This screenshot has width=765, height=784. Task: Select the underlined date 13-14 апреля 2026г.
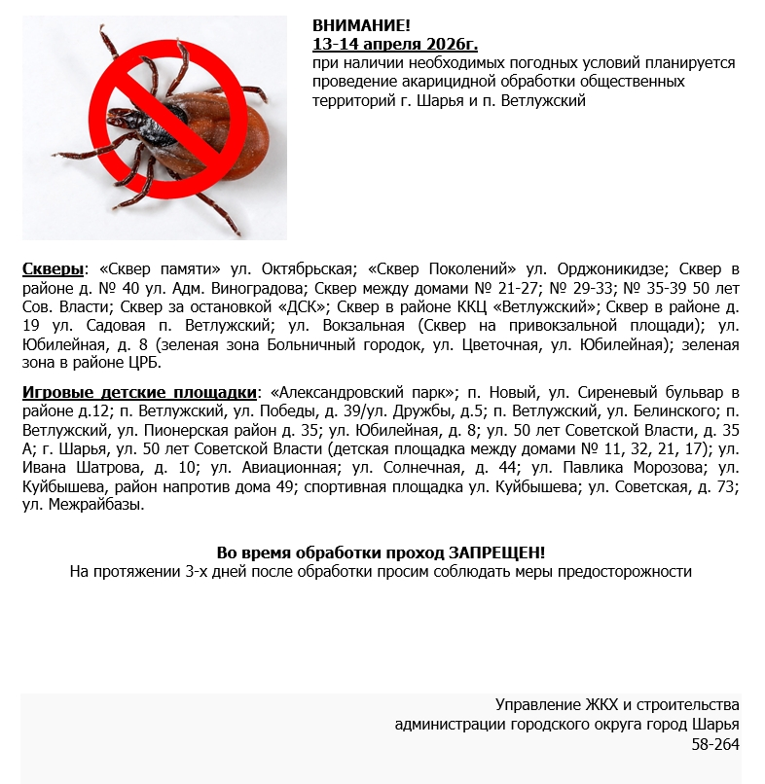(395, 44)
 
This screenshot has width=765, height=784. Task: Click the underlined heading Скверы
(53, 268)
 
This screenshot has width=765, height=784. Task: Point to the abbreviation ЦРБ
(140, 362)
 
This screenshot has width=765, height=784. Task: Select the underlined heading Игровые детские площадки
(139, 392)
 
